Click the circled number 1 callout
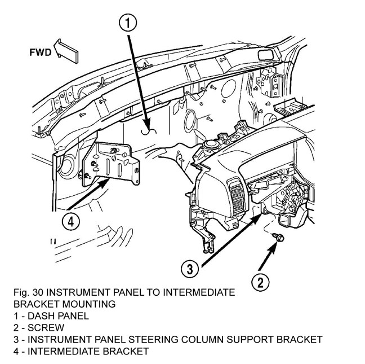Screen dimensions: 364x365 [x=128, y=23]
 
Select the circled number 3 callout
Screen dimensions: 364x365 [x=192, y=267]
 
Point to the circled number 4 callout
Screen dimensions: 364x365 [x=70, y=222]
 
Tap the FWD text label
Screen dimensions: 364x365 [x=41, y=53]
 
